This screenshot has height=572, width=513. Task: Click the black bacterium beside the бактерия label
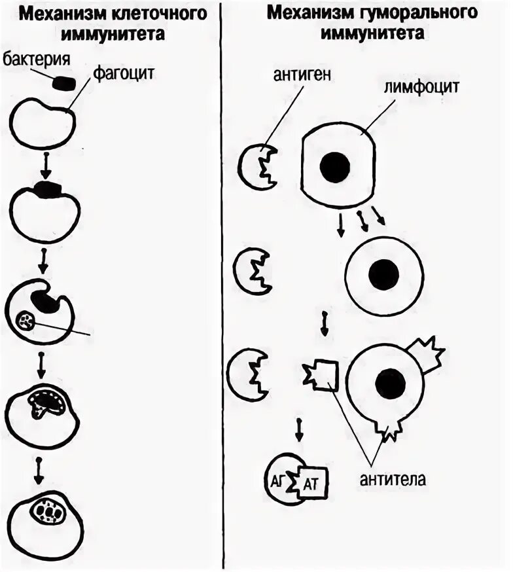tap(63, 83)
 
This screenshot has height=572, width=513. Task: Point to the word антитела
tap(392, 479)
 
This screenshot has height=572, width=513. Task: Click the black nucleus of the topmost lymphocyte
tap(334, 167)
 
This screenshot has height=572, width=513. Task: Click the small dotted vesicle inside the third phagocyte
tap(27, 321)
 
